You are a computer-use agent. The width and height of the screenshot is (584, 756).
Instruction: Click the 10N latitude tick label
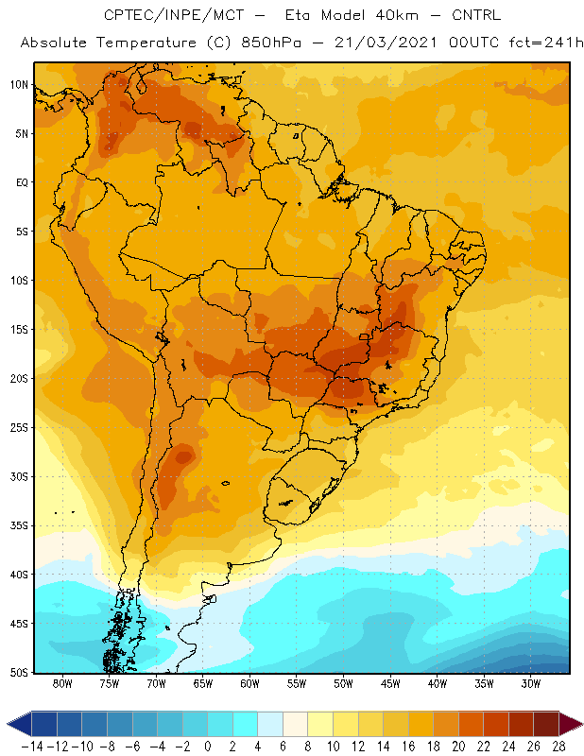[x=19, y=85]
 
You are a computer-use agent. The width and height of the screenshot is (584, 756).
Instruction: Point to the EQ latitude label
[x=22, y=182]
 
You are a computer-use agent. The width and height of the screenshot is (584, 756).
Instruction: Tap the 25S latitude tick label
[x=19, y=428]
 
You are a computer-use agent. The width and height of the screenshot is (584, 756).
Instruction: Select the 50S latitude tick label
[x=19, y=673]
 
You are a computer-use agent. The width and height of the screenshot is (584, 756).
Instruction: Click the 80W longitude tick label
[x=62, y=683]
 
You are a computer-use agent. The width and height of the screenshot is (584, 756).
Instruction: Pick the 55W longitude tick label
[x=297, y=683]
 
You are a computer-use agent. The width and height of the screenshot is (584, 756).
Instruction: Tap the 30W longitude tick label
[x=531, y=683]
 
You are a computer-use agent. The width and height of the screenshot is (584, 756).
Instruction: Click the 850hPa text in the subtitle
[x=271, y=43]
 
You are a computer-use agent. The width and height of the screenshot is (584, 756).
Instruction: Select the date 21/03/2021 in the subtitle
[x=386, y=43]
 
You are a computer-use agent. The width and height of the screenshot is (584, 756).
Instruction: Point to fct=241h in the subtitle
[x=546, y=43]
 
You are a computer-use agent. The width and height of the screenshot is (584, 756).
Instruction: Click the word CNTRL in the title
[x=476, y=15]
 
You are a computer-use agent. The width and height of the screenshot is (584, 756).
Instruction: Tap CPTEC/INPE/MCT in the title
[x=174, y=15]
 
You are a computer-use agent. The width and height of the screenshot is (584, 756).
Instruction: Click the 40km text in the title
[x=398, y=15]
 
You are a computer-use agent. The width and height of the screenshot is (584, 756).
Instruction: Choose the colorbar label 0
[x=208, y=747]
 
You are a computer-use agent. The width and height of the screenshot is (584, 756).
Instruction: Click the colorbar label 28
[x=558, y=747]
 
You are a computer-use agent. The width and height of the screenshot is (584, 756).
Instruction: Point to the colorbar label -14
[x=32, y=747]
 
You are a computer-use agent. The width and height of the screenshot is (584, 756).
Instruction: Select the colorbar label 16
[x=408, y=747]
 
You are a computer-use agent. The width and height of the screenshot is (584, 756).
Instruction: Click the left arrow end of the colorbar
[x=19, y=724]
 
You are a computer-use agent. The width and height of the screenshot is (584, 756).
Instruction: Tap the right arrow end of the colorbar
[x=571, y=724]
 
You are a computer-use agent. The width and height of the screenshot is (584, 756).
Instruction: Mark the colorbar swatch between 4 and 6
[x=270, y=724]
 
